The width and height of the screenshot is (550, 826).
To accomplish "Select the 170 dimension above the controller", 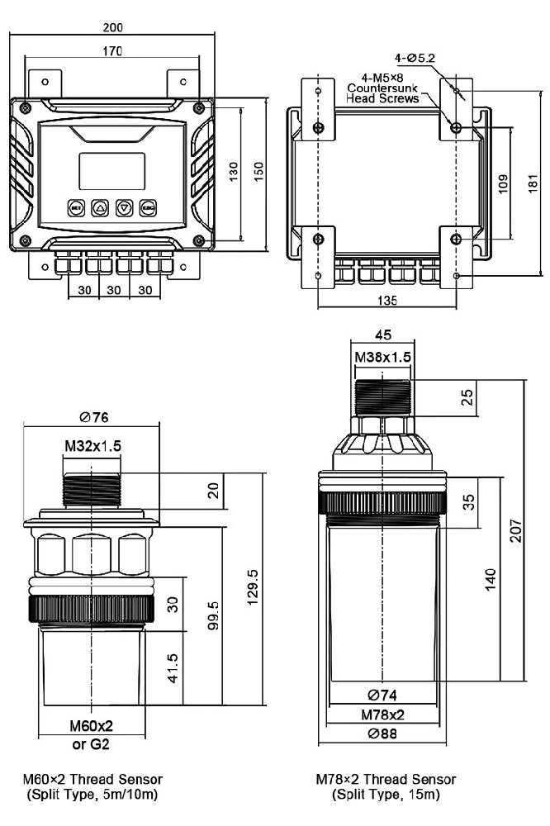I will pyautogui.click(x=112, y=51).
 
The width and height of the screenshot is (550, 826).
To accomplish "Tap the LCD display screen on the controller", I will pyautogui.click(x=112, y=171).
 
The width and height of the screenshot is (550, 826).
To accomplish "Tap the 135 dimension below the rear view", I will pyautogui.click(x=386, y=301).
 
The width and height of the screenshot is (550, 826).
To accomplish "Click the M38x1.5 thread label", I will pyautogui.click(x=382, y=357).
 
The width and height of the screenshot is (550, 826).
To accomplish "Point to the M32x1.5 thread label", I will pyautogui.click(x=92, y=445).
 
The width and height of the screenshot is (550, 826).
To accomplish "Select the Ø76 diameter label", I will pyautogui.click(x=92, y=416).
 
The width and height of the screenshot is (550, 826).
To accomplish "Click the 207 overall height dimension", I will pyautogui.click(x=514, y=529).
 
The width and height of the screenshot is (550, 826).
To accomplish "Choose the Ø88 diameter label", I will pyautogui.click(x=382, y=733).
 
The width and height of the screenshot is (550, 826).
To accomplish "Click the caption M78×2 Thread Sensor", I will pyautogui.click(x=386, y=779).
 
